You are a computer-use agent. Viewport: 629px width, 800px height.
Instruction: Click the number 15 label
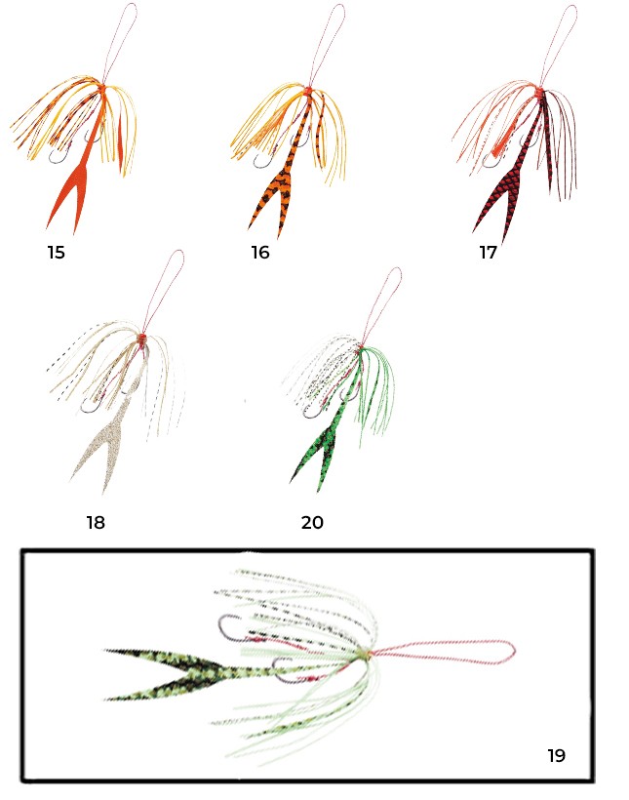click(57, 252)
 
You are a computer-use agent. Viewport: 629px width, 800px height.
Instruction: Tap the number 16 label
click(260, 252)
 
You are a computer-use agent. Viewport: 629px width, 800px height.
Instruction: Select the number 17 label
click(488, 252)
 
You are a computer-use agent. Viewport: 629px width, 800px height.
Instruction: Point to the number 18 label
click(96, 523)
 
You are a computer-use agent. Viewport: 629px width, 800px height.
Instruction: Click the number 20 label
click(312, 523)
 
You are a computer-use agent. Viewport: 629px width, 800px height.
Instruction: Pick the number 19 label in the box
click(557, 756)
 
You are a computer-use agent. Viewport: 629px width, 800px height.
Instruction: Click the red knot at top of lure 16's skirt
click(308, 91)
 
